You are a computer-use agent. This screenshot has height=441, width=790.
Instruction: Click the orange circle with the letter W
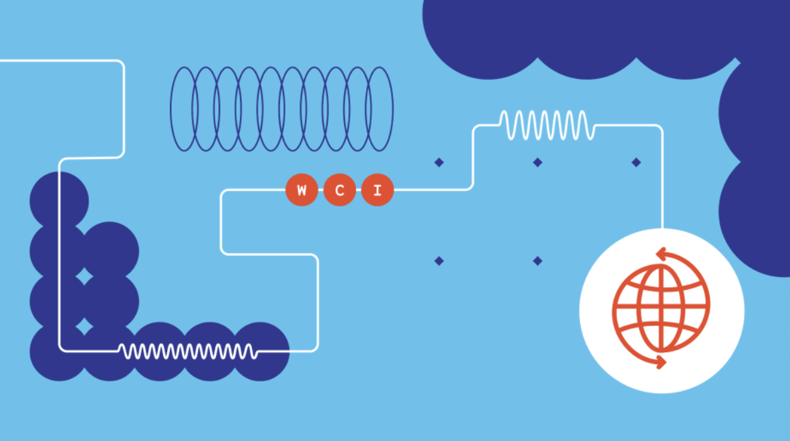click(301, 190)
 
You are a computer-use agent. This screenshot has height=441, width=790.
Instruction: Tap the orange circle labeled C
click(340, 190)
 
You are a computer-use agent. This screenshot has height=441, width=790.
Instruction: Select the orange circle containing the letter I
click(378, 190)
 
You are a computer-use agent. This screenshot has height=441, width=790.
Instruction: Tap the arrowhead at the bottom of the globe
click(662, 363)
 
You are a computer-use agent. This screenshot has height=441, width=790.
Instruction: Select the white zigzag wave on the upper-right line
click(547, 125)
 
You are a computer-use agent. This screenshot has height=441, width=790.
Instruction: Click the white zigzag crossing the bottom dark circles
click(187, 350)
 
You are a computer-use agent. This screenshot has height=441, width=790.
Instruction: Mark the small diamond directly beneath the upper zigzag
click(537, 162)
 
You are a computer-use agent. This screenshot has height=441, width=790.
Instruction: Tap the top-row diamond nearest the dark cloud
click(636, 162)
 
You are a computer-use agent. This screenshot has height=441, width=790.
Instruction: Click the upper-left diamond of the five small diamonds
click(439, 162)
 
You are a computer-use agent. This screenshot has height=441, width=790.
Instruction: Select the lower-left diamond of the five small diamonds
click(439, 261)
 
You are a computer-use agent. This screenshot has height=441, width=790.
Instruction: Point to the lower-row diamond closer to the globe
click(537, 261)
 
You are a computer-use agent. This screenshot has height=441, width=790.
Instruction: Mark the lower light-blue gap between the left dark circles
click(84, 325)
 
